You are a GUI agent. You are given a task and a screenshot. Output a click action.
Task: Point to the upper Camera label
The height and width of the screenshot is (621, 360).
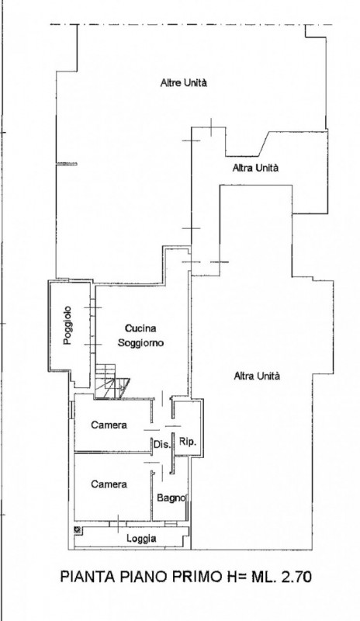click(x=109, y=425)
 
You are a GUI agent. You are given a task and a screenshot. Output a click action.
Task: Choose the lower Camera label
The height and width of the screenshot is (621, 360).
click(x=109, y=484)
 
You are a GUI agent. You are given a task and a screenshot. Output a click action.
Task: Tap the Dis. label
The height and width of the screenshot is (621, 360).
click(x=161, y=444)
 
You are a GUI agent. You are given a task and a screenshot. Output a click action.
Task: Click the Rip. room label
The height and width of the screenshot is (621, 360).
click(x=187, y=441)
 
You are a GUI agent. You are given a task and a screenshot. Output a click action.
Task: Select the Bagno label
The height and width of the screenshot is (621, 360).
click(x=169, y=498)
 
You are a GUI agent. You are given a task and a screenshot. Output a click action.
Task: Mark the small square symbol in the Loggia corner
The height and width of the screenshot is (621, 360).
click(x=78, y=530)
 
